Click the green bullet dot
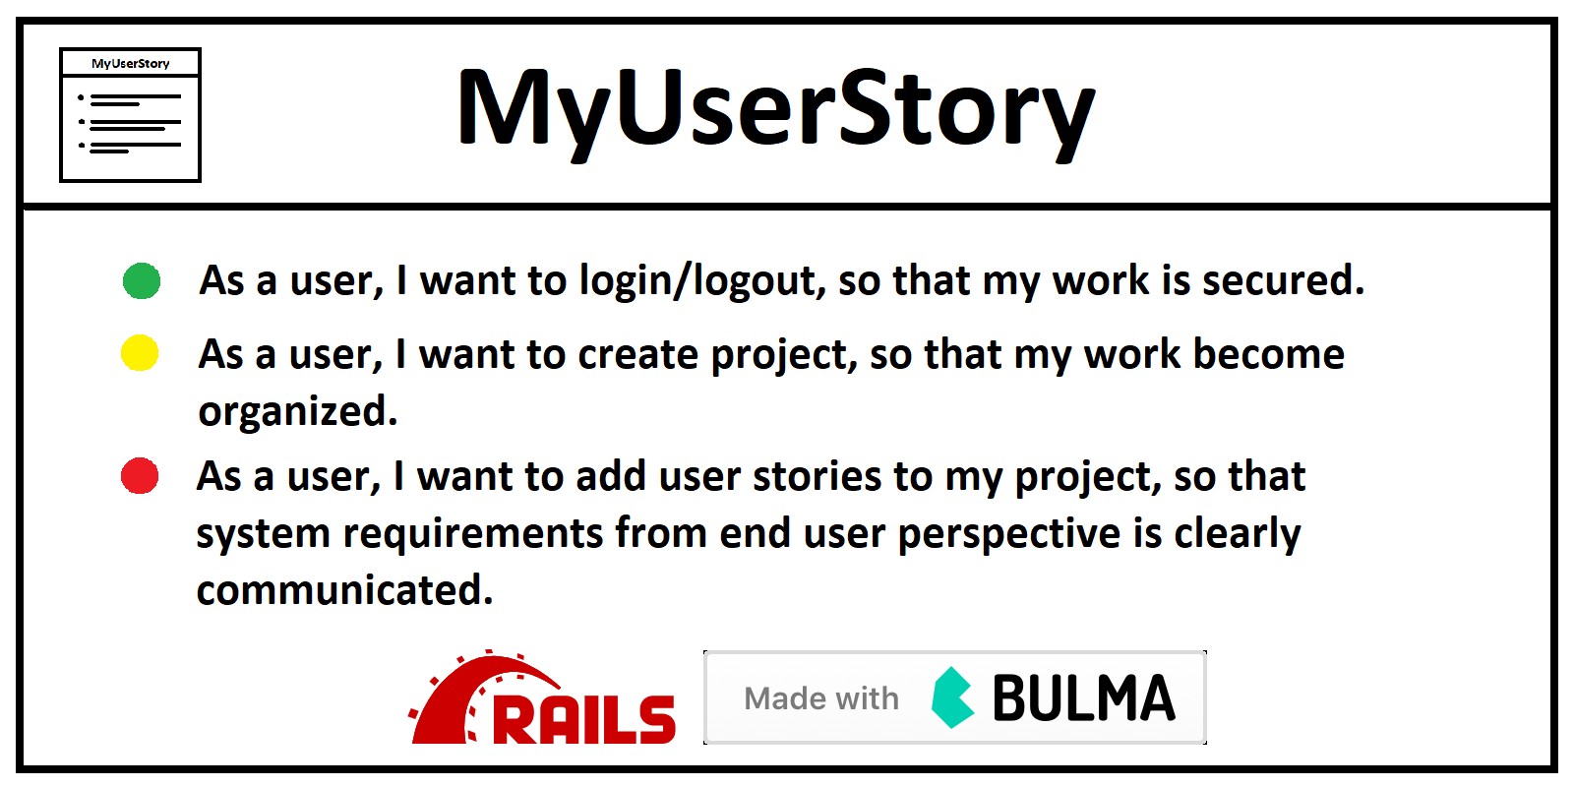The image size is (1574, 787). (142, 281)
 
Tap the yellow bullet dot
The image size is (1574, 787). (140, 353)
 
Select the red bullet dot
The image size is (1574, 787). (139, 476)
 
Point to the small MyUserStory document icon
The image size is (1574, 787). (130, 114)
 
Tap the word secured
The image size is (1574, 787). (1284, 280)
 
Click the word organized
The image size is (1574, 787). (298, 412)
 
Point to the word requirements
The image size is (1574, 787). (473, 535)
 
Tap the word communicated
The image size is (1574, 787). (344, 590)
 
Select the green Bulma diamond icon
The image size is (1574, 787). (953, 697)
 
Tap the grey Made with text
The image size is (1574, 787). (821, 698)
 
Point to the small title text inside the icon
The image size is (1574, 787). (131, 64)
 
